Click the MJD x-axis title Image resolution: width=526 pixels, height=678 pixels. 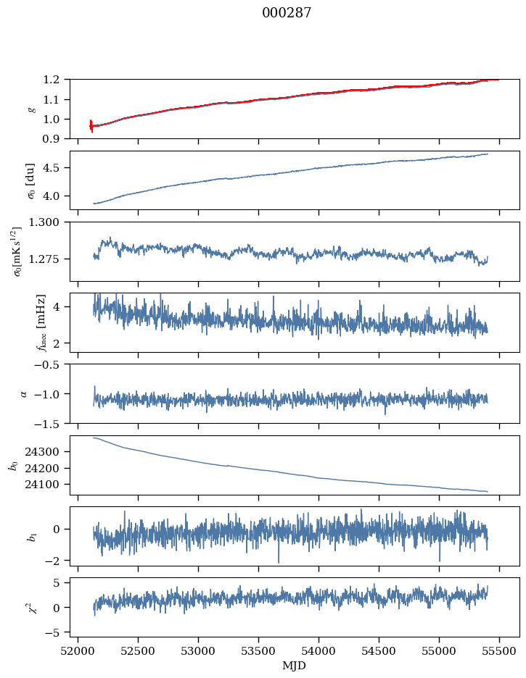point(295,665)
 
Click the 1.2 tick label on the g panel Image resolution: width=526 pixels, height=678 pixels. point(56,80)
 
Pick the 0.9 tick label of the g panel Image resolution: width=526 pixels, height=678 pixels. point(56,138)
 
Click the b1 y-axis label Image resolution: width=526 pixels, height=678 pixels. point(32,536)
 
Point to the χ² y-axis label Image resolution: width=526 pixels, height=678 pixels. point(30,607)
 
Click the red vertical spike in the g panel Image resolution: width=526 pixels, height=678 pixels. point(91,125)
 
